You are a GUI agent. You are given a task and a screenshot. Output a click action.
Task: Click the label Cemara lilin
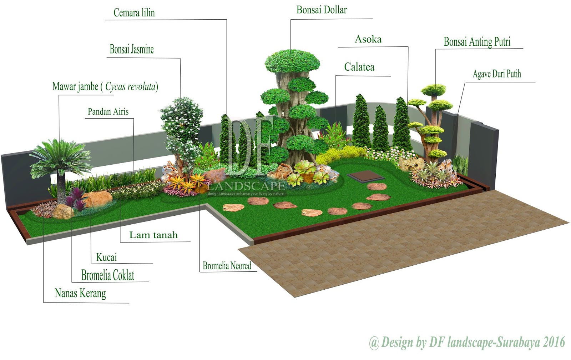tap(134, 13)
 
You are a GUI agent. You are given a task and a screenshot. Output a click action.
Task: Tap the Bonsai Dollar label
tap(322, 10)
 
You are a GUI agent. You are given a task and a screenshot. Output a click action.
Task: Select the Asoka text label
tap(368, 39)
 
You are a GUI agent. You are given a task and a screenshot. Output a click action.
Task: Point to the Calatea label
tap(359, 67)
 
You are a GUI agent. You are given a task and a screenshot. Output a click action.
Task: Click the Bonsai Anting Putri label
tap(477, 42)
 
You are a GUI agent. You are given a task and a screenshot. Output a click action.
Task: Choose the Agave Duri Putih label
tap(497, 74)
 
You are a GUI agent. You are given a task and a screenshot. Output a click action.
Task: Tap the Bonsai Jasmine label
tap(132, 49)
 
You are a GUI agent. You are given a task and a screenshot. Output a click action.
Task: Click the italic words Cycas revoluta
tap(131, 86)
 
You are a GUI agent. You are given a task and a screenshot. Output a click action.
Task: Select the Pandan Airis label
tap(108, 112)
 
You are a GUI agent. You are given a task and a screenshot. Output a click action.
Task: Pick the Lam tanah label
tap(153, 235)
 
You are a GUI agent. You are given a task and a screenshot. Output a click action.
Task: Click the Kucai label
tap(106, 257)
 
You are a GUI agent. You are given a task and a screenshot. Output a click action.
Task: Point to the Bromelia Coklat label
tap(108, 275)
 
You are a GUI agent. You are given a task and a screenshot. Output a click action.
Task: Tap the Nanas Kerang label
tap(80, 293)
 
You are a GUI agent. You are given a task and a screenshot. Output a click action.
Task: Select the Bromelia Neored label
tap(227, 266)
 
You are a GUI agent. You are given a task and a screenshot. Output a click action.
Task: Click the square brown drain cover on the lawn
tap(361, 176)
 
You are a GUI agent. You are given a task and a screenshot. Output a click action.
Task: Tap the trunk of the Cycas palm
tap(61, 186)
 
